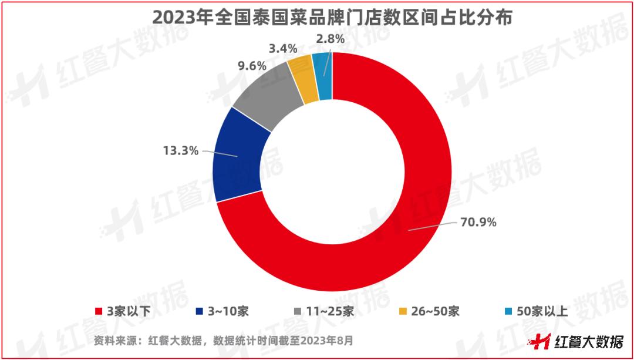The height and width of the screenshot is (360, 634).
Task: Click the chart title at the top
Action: click(x=316, y=18)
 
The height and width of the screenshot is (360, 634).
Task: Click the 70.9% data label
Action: click(x=480, y=222)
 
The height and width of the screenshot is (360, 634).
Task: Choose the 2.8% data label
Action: click(x=329, y=39)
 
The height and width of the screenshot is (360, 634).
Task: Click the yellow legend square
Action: click(x=402, y=311)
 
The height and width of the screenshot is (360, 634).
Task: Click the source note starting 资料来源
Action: click(x=222, y=340)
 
